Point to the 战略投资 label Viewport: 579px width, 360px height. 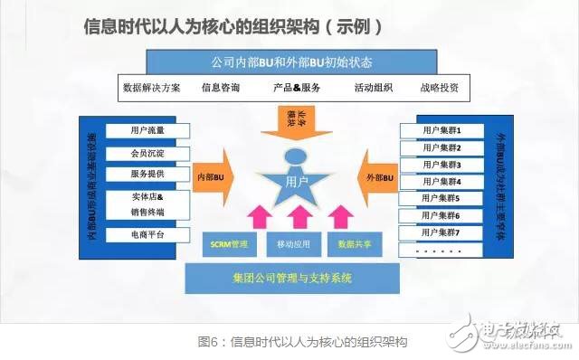[x=439, y=89]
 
